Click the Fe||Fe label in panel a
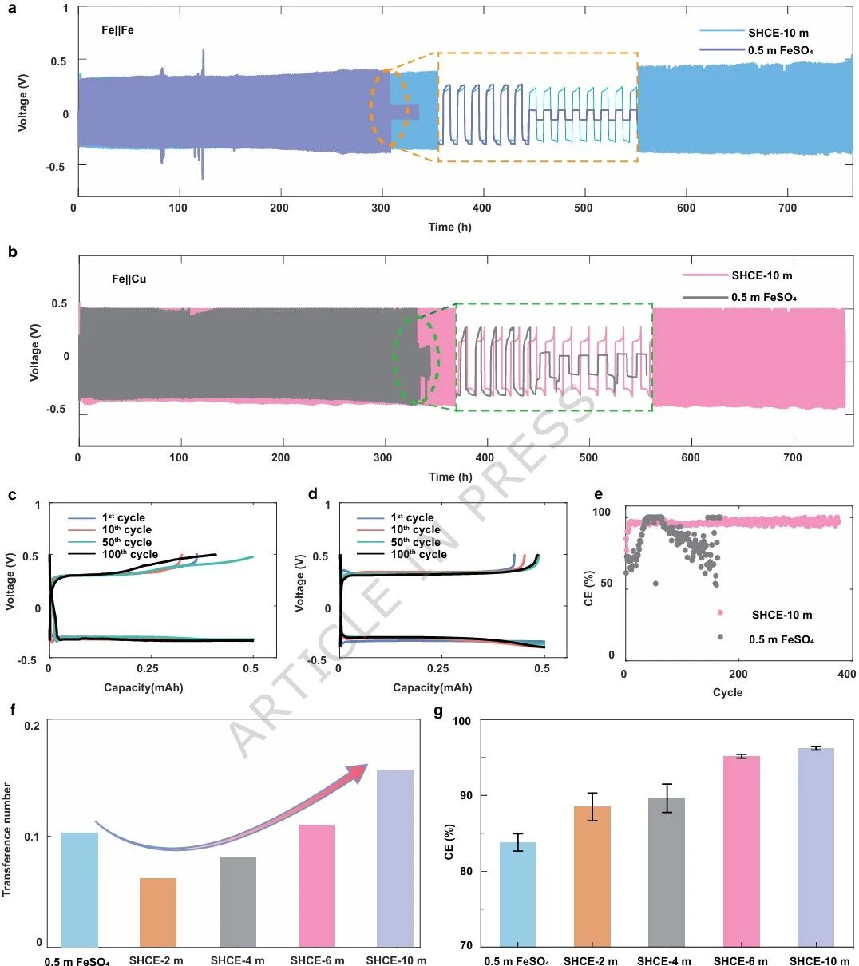click(x=117, y=30)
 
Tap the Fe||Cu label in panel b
click(x=129, y=279)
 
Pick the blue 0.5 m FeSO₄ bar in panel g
click(x=518, y=894)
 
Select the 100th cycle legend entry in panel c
click(x=113, y=554)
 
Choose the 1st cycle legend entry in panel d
click(x=395, y=517)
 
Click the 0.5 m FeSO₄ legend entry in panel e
click(x=766, y=639)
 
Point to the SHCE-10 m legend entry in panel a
click(x=754, y=33)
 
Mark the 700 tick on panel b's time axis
click(x=792, y=457)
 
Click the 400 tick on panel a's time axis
click(x=481, y=208)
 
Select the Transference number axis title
click(x=6, y=839)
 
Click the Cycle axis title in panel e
click(x=727, y=692)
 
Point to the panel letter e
click(x=598, y=494)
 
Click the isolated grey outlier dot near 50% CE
click(x=655, y=584)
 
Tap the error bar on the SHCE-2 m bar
click(x=592, y=807)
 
